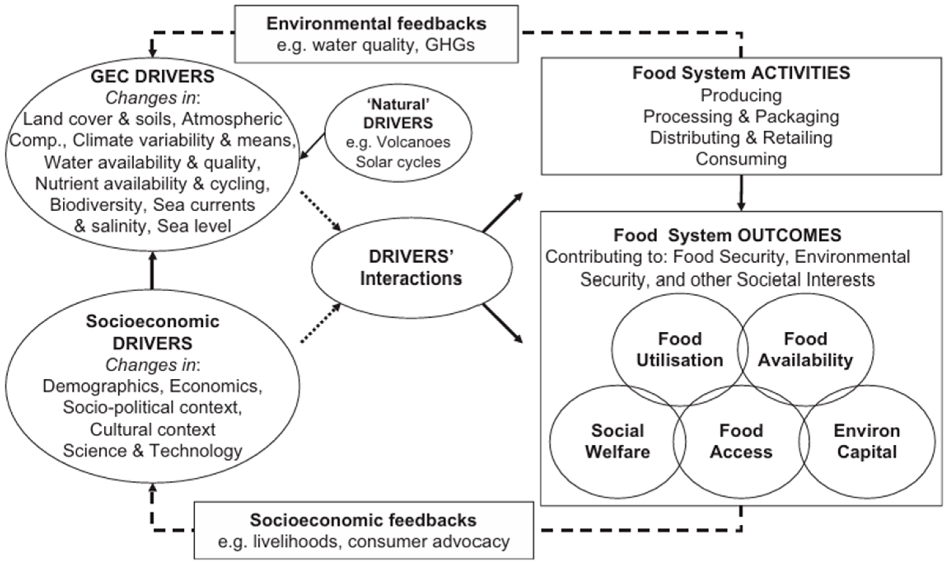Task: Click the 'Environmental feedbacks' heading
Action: tap(376, 24)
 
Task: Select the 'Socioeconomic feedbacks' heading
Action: tap(363, 520)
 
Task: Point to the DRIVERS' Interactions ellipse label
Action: tap(411, 268)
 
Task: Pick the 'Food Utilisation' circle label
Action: tap(680, 349)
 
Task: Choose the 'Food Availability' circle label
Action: tap(805, 349)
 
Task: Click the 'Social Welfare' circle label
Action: tap(617, 442)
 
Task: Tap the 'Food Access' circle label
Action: tap(741, 442)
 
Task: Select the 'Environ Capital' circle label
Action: tap(867, 442)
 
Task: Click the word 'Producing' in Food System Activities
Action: tap(741, 95)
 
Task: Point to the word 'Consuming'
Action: tap(741, 159)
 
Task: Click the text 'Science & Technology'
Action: tap(153, 451)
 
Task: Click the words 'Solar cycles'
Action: tap(398, 162)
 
